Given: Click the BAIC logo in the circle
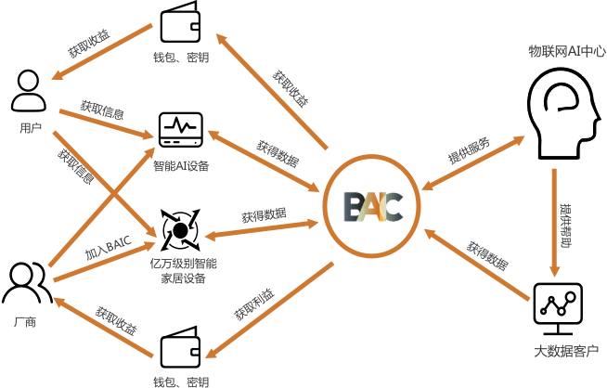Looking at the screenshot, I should pos(372,206).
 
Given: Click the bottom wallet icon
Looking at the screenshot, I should pos(180,350).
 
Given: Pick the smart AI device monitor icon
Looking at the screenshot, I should pos(180,130).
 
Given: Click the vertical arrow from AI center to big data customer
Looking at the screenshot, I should pos(554,223).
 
